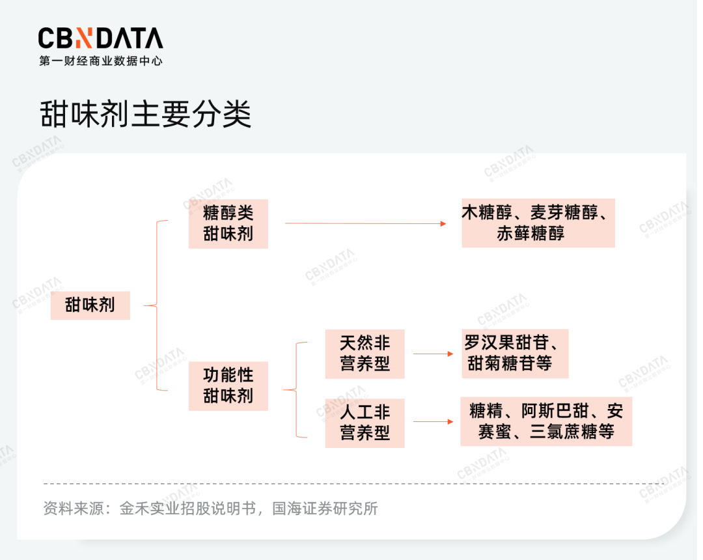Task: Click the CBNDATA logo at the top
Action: point(100,38)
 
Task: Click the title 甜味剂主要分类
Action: point(146,114)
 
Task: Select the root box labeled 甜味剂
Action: point(90,305)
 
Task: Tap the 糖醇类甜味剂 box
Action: point(228,224)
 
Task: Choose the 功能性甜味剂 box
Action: point(228,386)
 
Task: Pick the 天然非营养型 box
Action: point(365,354)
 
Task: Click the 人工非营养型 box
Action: point(365,423)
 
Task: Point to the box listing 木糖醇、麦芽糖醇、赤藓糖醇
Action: point(538,223)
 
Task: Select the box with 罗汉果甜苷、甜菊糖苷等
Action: point(515,354)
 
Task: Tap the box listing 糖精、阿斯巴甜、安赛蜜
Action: point(546,421)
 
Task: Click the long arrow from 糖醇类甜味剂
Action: point(365,223)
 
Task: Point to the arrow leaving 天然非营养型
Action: point(433,354)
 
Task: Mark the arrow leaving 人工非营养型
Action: point(433,421)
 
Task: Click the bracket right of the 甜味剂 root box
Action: point(156,306)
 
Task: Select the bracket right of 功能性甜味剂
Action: point(296,389)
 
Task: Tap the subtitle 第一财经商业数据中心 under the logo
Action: point(100,61)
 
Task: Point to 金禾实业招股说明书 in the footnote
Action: point(188,509)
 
